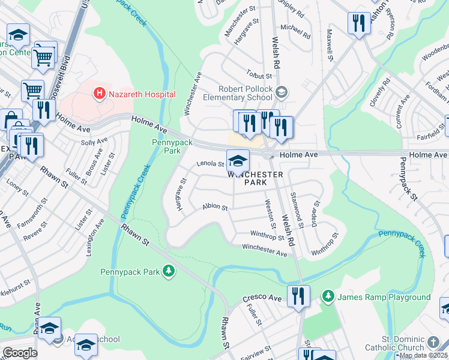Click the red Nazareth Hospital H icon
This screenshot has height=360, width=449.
pos(100,94)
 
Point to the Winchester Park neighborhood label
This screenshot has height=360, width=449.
pos(255,178)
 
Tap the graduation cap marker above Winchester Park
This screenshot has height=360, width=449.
pos(238,161)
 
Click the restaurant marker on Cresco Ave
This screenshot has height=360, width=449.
pos(298,296)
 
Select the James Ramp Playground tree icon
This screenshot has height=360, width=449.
pos(328,296)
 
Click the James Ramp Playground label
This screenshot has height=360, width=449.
pos(384,297)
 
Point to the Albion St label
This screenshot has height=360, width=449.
pos(215,208)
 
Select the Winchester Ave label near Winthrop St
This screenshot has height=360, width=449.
pos(264,250)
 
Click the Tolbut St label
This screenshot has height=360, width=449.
pos(259,75)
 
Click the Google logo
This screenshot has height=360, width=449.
pos(19,352)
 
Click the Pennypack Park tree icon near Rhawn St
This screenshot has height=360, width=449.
pos(169,272)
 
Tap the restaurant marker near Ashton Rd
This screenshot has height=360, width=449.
pos(358,24)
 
